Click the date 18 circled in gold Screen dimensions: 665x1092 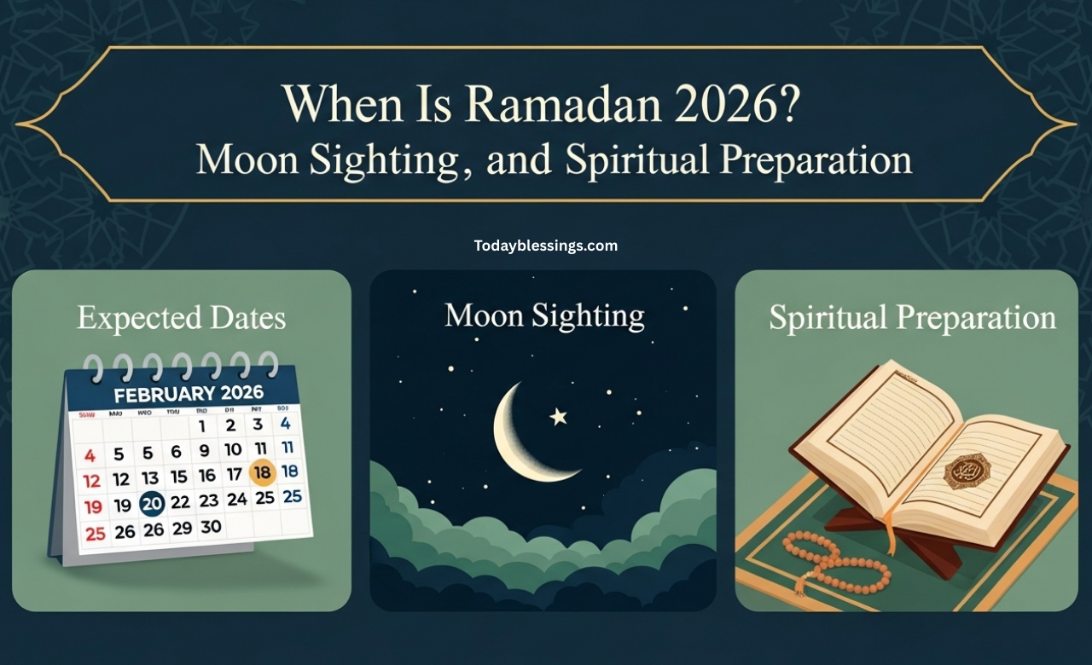(x=263, y=471)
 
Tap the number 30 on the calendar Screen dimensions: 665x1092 (x=210, y=527)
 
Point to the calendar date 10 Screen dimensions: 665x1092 (x=233, y=449)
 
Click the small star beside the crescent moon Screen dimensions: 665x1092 (x=559, y=416)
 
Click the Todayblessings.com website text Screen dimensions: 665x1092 (x=546, y=246)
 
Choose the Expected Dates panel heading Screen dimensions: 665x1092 (x=181, y=318)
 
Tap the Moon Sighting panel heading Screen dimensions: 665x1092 (x=544, y=315)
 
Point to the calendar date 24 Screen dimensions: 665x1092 (x=236, y=499)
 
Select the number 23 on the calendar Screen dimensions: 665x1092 (x=208, y=501)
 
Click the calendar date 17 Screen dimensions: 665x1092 (x=233, y=473)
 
